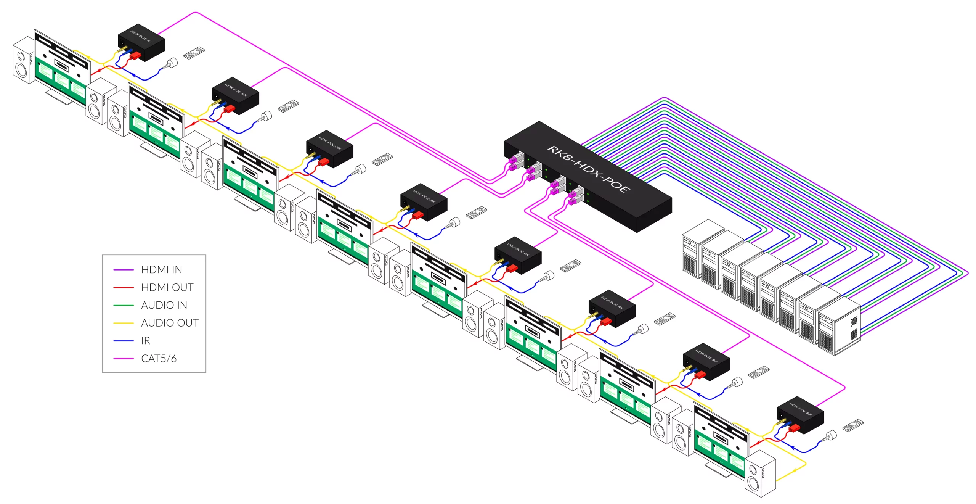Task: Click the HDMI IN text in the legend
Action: (x=161, y=270)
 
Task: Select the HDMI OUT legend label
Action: (x=167, y=287)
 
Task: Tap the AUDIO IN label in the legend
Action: (x=164, y=305)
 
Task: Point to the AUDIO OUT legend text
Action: (x=170, y=323)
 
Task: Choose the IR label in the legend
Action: (x=146, y=341)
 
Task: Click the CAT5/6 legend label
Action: (x=159, y=359)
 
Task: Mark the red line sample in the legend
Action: (x=123, y=288)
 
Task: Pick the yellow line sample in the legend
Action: (x=123, y=323)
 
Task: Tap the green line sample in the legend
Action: (x=123, y=305)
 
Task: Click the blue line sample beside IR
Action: (x=123, y=341)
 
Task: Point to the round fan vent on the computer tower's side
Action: (x=854, y=321)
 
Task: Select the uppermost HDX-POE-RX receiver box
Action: (x=141, y=43)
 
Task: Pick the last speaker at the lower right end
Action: (x=760, y=474)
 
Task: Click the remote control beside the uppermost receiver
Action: (x=194, y=53)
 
